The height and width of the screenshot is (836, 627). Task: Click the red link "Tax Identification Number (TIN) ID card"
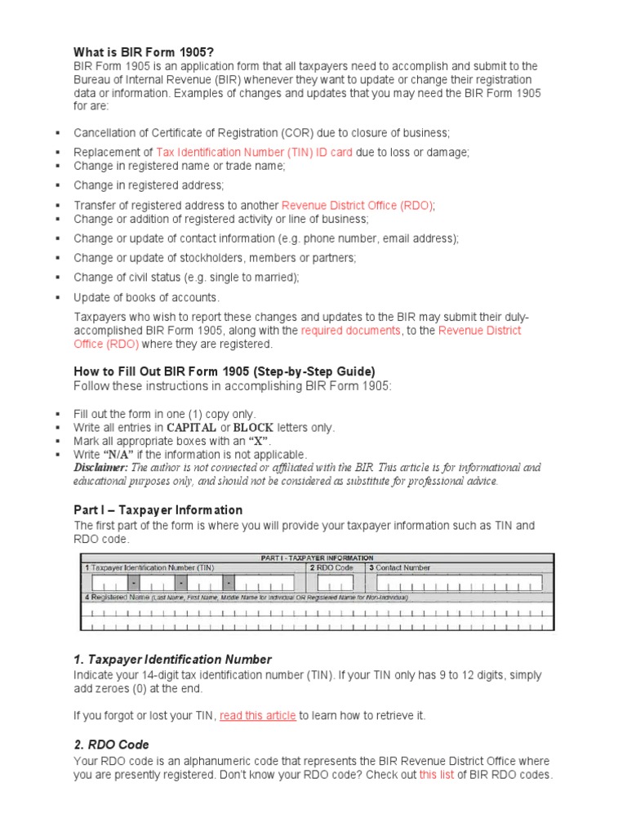coord(254,152)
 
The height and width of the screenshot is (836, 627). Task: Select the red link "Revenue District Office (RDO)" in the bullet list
coord(357,206)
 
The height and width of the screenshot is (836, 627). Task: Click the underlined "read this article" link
coord(257,716)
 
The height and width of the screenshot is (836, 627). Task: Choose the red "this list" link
coord(436,775)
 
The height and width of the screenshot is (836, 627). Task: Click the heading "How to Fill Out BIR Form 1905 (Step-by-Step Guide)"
coord(225,371)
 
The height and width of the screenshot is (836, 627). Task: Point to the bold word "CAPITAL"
coord(192,428)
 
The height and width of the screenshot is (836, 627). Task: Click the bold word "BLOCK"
coord(253,428)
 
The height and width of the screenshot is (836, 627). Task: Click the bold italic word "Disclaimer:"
coord(100,468)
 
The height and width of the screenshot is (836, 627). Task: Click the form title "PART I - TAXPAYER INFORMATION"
coord(317,558)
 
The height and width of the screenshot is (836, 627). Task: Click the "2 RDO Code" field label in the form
coord(331,567)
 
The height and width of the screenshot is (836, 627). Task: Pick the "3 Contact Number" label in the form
coord(399,567)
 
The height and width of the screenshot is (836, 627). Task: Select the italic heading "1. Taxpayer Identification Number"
coord(172,659)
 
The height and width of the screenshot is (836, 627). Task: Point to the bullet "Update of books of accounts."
coord(147,298)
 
